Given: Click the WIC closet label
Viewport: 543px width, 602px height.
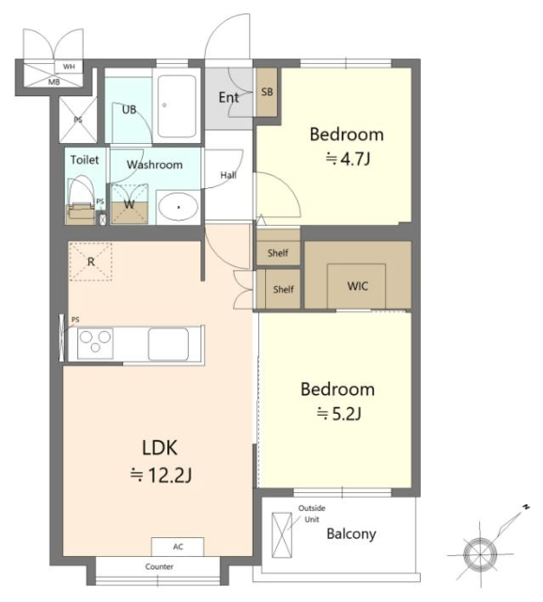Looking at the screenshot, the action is point(357,286).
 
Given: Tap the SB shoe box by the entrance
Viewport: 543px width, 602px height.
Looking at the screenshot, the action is point(267,92).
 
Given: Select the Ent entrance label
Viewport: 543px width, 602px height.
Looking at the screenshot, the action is point(228,98).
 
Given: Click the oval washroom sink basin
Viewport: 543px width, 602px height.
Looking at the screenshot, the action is point(178,207).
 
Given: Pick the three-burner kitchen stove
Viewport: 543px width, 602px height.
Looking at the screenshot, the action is point(95,342).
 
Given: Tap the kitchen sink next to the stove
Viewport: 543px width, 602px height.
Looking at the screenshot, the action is point(168,344).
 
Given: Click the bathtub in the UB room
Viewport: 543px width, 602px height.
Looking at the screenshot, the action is point(177,106).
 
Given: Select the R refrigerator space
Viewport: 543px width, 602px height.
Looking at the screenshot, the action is point(90,261).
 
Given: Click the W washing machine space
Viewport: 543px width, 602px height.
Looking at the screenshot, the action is point(130,204).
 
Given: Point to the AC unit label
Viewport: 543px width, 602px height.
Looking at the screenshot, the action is point(178,547).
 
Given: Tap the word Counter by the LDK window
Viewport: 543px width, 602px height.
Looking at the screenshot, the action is point(159,566).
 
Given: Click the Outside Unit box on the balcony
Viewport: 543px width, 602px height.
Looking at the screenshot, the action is point(282,535).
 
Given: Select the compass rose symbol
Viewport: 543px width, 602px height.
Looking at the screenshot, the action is point(480,554).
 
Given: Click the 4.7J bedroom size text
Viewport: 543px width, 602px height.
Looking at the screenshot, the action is point(349,158).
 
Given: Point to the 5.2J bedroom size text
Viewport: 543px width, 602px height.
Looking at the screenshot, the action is point(338,414).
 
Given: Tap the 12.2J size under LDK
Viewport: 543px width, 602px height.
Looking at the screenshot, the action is point(161,476).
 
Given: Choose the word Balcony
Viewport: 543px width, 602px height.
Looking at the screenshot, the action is point(351,533).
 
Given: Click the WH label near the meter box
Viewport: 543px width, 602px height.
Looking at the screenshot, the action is point(69,67).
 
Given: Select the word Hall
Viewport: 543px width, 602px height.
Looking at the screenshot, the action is point(228,175).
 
